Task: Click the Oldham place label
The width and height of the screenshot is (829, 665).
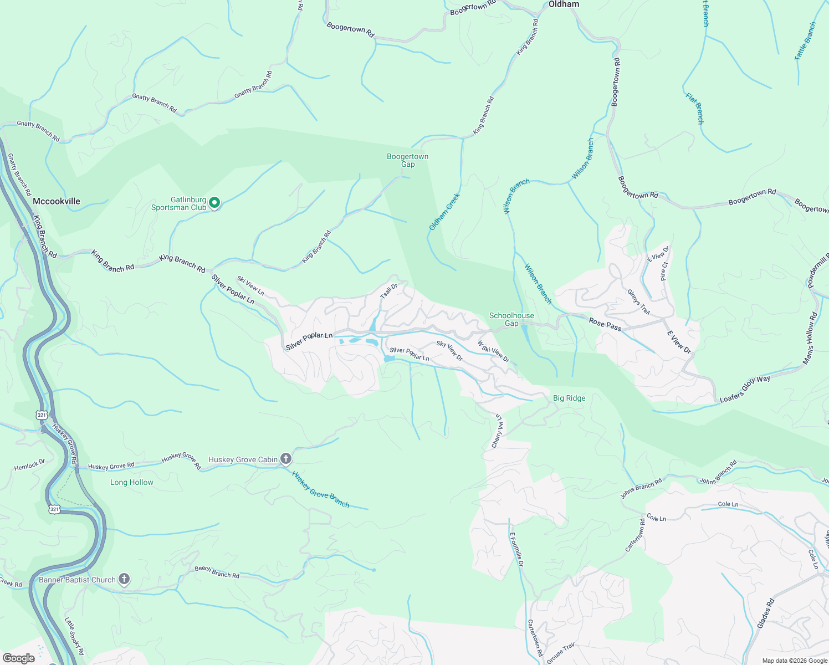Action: tap(564, 4)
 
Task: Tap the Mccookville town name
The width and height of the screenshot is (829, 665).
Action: tap(56, 202)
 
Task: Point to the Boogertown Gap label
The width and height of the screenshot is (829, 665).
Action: tap(407, 160)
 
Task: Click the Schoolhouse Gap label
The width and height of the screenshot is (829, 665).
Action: tap(511, 319)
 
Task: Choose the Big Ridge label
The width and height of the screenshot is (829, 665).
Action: tap(569, 398)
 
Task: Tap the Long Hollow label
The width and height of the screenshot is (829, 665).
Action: tap(131, 483)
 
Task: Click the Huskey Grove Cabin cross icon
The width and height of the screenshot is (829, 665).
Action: tap(285, 459)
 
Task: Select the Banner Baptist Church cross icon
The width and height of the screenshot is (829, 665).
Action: tap(124, 580)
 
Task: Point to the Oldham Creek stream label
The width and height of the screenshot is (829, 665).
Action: tap(444, 212)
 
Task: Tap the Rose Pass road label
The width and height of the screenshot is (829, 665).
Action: tap(605, 324)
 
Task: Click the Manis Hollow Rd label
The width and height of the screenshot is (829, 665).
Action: tap(810, 339)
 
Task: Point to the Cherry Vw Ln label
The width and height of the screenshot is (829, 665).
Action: tap(497, 431)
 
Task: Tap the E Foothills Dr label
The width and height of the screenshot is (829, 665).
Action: tap(516, 549)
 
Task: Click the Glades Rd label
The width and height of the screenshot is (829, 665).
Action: tap(765, 613)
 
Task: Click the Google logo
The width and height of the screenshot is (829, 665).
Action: tap(18, 658)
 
